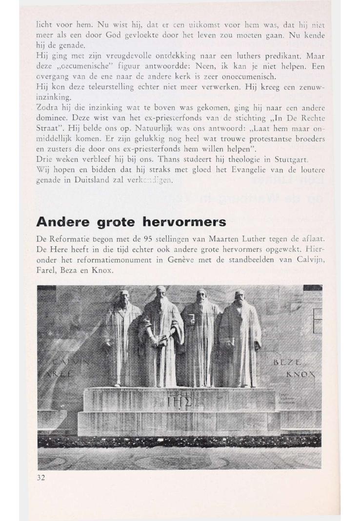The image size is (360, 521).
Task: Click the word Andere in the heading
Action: click(x=61, y=221)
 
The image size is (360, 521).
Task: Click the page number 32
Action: click(x=41, y=478)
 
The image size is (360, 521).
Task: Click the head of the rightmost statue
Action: click(x=239, y=296)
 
